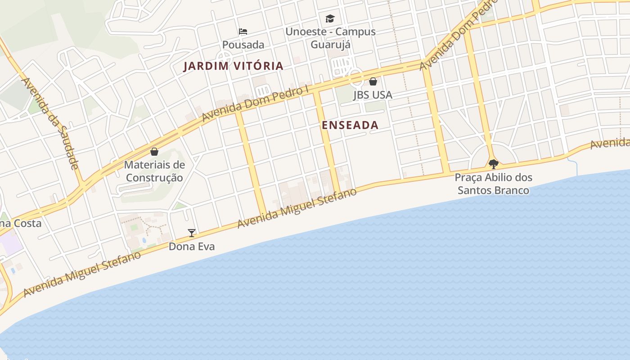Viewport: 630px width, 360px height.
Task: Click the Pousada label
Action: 243,45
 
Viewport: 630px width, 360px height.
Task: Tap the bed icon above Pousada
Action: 243,31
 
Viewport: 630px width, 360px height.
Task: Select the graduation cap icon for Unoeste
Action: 330,18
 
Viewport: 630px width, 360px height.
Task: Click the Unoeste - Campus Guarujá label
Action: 330,38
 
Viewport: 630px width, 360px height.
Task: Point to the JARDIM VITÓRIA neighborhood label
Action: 234,66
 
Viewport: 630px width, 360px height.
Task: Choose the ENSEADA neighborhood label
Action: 350,125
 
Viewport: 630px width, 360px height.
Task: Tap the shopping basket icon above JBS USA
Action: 373,81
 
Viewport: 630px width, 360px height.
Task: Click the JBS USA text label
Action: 373,95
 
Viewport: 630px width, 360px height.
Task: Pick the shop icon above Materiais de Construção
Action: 154,152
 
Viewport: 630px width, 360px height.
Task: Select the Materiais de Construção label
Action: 154,171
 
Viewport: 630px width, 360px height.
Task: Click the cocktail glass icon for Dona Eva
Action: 192,233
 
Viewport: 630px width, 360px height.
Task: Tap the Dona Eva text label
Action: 192,247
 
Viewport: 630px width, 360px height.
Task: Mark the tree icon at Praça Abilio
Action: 494,164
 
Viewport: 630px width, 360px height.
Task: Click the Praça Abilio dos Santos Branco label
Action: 494,184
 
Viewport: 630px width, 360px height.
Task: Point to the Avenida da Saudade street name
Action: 50,123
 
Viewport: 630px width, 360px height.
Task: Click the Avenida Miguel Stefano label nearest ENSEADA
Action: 297,208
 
